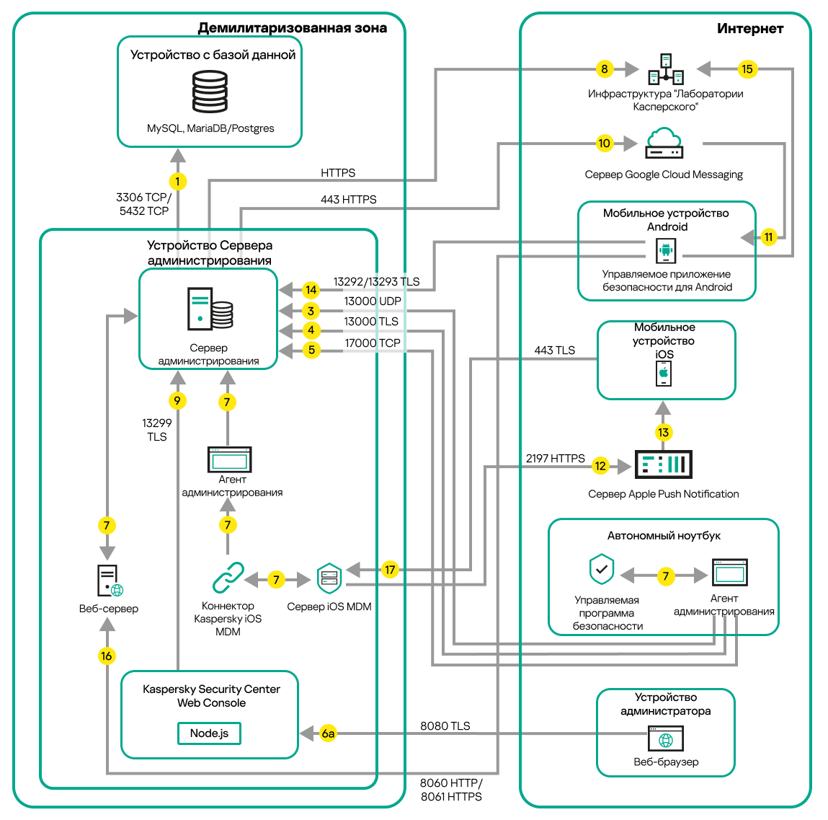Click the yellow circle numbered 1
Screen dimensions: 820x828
(177, 182)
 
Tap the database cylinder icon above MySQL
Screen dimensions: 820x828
(210, 91)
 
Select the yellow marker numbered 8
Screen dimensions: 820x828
(604, 69)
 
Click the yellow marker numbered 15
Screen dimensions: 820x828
(747, 69)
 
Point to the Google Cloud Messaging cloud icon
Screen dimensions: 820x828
(664, 143)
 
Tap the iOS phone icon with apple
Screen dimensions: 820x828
(664, 374)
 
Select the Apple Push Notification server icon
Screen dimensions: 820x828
(663, 464)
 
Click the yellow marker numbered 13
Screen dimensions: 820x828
(663, 432)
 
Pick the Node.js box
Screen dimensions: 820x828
(209, 733)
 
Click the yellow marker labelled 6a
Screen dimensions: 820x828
(328, 733)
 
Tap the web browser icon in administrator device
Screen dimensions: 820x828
(666, 739)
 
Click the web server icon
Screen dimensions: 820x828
(110, 581)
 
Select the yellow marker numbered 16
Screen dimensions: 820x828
(107, 656)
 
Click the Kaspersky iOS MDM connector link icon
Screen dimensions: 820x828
(228, 578)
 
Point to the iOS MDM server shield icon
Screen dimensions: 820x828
(329, 578)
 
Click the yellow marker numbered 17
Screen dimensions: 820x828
(390, 570)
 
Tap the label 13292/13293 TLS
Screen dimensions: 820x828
(376, 282)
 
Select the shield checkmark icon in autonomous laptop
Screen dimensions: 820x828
(602, 570)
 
